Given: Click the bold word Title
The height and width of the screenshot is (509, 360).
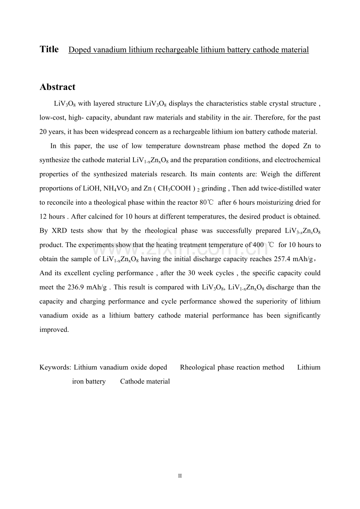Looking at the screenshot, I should [49, 49].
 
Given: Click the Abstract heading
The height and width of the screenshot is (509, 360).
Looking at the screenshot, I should [58, 87].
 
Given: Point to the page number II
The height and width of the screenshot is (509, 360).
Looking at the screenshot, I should [180, 476].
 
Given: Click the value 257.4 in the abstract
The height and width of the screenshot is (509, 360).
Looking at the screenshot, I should [279, 259].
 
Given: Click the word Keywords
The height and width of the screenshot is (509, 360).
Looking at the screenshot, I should [55, 367].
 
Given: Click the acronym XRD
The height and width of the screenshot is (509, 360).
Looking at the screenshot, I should [59, 231].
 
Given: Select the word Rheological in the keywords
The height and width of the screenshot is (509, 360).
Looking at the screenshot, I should [198, 367].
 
